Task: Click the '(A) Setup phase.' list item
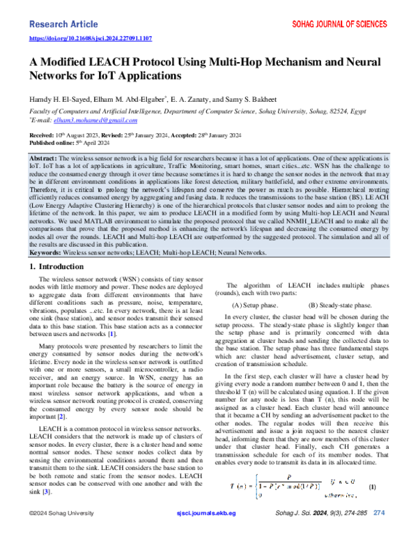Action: (x=256, y=305)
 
